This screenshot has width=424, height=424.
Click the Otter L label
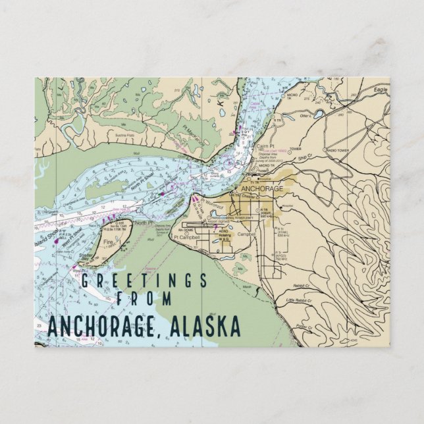[305, 117]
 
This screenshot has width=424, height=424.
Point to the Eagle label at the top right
[379, 89]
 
